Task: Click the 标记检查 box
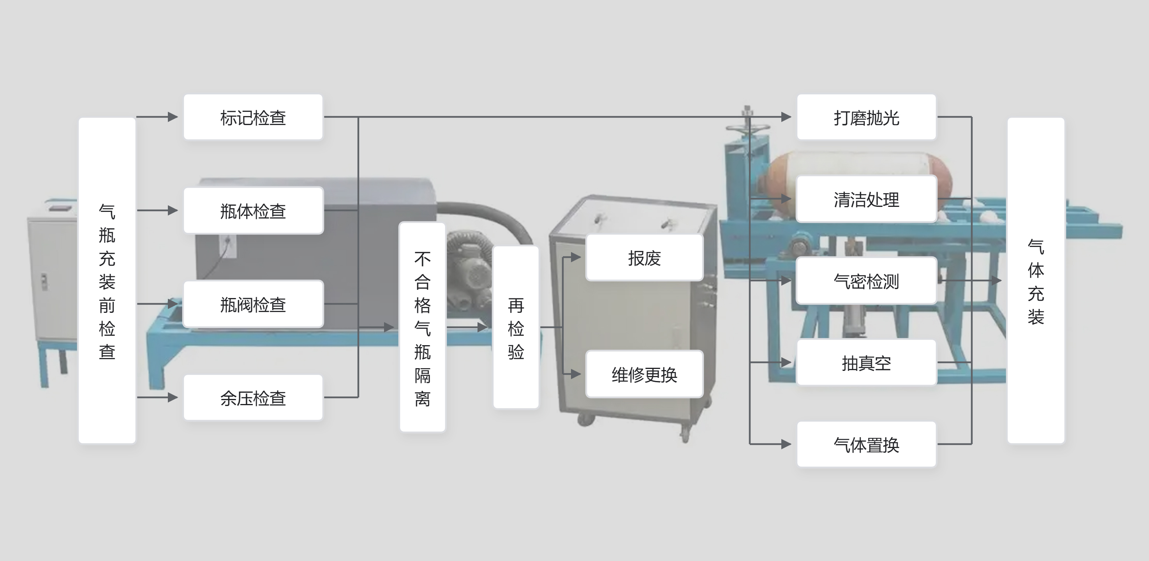253,117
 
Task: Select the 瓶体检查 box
253,211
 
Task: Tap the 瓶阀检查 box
253,304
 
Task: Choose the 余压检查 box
253,398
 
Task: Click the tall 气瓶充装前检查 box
107,280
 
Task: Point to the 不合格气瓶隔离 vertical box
422,327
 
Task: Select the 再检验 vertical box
516,327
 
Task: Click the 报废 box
644,258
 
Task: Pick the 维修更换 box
644,374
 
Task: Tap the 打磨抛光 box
866,117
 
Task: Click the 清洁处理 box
866,199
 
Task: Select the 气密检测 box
866,281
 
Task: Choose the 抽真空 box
866,363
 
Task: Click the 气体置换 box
866,445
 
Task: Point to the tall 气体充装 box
1036,280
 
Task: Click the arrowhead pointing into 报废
576,258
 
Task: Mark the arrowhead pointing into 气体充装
996,281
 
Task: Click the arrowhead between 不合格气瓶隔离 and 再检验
482,327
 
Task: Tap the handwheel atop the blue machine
747,127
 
